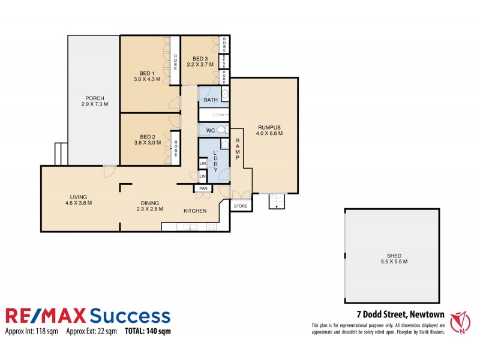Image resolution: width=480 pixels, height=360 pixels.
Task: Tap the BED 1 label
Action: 146,73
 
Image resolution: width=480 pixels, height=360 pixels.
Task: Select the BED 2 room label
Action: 146,137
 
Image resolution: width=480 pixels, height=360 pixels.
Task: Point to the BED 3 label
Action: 200,58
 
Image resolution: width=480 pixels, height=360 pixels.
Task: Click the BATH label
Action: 211,100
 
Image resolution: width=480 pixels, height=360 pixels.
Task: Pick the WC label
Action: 210,130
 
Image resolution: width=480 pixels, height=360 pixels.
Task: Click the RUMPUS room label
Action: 270,127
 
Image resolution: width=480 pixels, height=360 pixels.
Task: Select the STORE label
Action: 241,206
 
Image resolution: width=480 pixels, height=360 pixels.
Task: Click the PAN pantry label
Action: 203,188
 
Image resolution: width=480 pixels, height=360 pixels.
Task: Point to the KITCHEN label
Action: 195,211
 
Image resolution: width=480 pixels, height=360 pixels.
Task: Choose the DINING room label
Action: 146,203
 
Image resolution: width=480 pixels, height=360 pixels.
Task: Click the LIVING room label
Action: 78,197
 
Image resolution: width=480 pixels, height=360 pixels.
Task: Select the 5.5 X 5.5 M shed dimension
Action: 394,262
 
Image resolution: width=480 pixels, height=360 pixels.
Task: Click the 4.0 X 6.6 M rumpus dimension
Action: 270,134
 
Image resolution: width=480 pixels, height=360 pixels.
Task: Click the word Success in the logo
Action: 130,316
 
